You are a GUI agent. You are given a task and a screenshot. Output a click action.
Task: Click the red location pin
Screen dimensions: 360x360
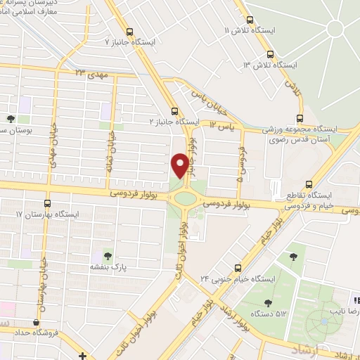click(180, 165)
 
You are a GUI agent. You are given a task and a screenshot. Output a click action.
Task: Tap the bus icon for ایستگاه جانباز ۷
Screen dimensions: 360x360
click(129, 31)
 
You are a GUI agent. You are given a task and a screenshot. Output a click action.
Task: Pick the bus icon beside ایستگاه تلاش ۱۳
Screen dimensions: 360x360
click(271, 54)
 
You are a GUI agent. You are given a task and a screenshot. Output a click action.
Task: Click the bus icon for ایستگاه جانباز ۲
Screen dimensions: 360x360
click(175, 110)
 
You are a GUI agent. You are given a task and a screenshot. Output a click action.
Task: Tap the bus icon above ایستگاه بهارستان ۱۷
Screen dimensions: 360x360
click(47, 202)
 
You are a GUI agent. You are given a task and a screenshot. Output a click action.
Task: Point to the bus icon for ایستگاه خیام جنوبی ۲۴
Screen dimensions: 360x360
click(238, 267)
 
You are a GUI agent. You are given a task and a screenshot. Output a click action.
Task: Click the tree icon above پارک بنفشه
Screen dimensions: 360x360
click(108, 255)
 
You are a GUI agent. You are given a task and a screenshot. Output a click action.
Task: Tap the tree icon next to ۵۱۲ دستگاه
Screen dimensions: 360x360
click(267, 303)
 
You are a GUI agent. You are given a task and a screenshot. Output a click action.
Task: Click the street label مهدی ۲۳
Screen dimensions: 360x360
click(89, 73)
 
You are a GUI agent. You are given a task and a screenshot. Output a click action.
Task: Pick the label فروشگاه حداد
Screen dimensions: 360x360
click(32, 331)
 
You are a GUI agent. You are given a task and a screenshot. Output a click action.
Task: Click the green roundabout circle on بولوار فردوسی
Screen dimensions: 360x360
click(186, 198)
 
